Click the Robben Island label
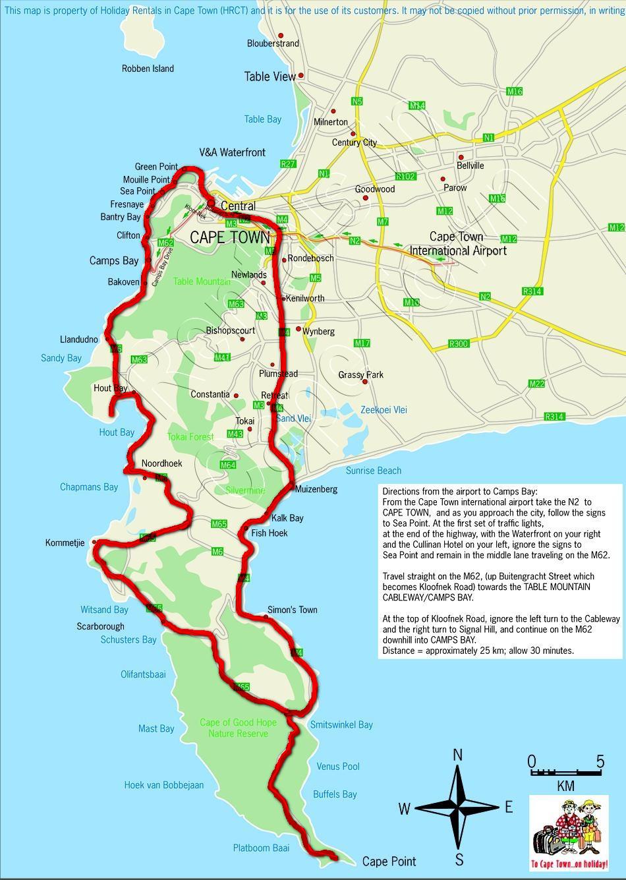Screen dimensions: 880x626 click(148, 69)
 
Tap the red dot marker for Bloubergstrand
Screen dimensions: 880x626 click(281, 36)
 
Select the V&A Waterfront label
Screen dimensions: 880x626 click(232, 152)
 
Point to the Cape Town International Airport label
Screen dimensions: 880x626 click(457, 243)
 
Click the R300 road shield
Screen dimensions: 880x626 click(458, 343)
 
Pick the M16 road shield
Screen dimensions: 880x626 click(515, 92)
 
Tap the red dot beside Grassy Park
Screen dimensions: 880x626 click(364, 382)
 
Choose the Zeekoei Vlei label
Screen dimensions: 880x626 click(384, 410)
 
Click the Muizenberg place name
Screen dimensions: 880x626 click(316, 489)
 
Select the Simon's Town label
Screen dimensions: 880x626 click(292, 610)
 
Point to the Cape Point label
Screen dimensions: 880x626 click(389, 862)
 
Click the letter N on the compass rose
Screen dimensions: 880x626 click(458, 755)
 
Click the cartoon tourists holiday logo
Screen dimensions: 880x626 click(569, 833)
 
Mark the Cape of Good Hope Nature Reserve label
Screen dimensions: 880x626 click(238, 728)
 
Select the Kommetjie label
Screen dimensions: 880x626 click(65, 543)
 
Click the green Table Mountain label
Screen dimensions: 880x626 click(202, 282)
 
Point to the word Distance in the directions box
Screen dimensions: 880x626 click(400, 651)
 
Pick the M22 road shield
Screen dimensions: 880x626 click(537, 384)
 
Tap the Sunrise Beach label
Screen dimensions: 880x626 click(373, 471)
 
